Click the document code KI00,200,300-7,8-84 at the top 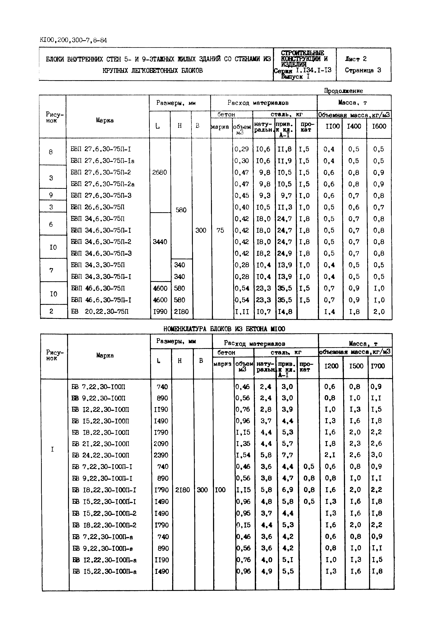pyautogui.click(x=73, y=40)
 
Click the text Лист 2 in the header pyautogui.click(x=356, y=59)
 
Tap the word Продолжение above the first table pyautogui.click(x=344, y=91)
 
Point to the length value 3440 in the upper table pyautogui.click(x=160, y=242)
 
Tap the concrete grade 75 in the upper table pyautogui.click(x=220, y=230)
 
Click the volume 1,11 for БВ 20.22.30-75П pyautogui.click(x=242, y=312)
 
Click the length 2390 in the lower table pyautogui.click(x=161, y=455)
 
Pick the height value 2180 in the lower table pyautogui.click(x=182, y=490)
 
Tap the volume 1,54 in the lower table pyautogui.click(x=243, y=455)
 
